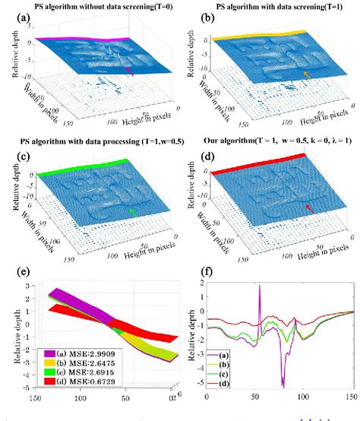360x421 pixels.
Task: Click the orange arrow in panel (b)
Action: point(307,74)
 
